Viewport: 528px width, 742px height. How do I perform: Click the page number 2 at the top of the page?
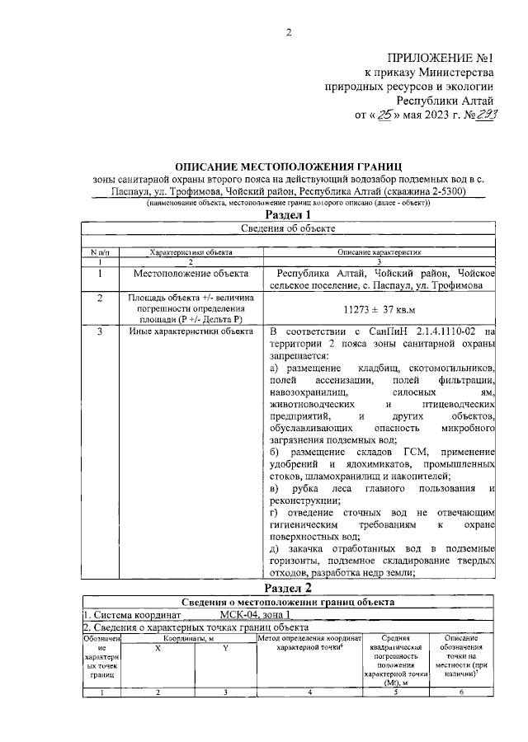click(289, 32)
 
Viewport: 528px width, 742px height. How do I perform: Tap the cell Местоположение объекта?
click(189, 273)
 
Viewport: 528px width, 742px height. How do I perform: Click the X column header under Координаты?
click(158, 649)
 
